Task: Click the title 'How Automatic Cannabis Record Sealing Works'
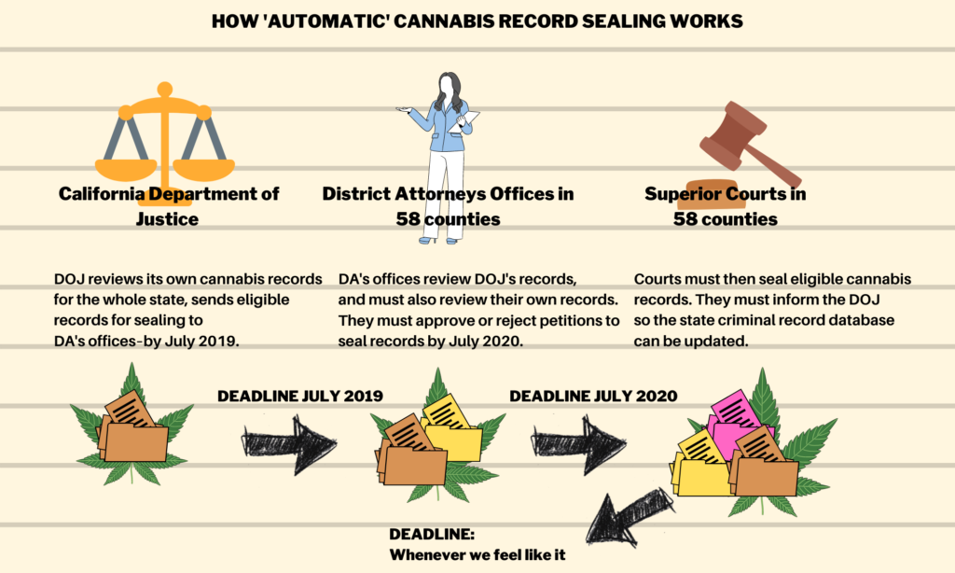[x=477, y=21]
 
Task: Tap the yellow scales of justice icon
[x=165, y=135]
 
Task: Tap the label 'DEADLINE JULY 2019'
[x=300, y=396]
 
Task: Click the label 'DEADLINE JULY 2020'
[x=593, y=396]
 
